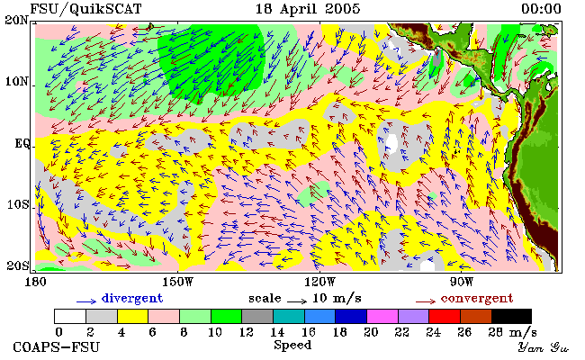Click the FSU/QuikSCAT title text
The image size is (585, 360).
85,9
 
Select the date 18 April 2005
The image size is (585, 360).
308,9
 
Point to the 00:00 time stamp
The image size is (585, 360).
541,9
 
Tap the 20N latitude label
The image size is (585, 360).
17,20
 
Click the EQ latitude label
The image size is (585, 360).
23,144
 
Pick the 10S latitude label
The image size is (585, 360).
18,205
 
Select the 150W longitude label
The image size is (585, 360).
178,282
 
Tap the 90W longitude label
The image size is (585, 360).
461,282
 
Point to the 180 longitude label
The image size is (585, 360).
36,282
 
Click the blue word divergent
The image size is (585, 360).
132,299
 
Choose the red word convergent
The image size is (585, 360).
477,299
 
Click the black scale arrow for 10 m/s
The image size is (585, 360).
297,301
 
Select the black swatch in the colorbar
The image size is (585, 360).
511,317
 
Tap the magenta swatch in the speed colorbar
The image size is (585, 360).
382,317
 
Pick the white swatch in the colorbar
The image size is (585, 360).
70,317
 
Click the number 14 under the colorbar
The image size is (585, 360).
277,332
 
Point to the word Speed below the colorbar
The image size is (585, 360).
292,346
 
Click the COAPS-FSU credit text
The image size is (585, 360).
57,347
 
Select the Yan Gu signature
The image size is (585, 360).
543,347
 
